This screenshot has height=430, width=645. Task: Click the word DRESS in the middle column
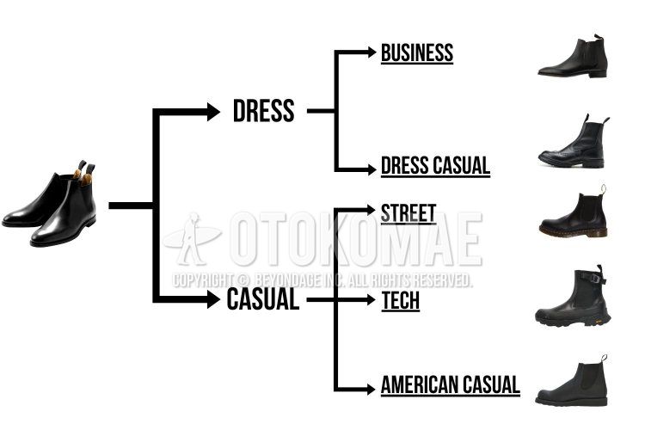(x=264, y=111)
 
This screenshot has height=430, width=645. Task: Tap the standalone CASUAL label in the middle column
(x=263, y=298)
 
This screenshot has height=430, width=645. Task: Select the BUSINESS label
(x=417, y=53)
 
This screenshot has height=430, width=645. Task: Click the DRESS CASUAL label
(x=436, y=165)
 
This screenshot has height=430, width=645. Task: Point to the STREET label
(x=408, y=213)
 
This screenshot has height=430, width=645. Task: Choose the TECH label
(x=401, y=300)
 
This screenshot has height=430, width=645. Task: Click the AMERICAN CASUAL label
(x=451, y=385)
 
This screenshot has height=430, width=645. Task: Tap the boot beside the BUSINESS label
(x=573, y=56)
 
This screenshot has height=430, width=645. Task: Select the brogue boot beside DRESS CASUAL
(x=574, y=141)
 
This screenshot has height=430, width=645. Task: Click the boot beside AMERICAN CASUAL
(x=572, y=381)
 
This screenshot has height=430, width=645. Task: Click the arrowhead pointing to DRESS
(x=213, y=112)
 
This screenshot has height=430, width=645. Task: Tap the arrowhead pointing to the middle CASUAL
(x=213, y=299)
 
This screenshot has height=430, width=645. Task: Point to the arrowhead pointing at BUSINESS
(x=372, y=52)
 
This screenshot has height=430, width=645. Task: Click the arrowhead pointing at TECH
(x=371, y=299)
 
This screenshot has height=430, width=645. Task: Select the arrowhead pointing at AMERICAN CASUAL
(x=371, y=389)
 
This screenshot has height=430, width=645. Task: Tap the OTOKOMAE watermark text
(x=356, y=239)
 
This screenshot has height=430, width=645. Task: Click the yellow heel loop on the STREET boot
(x=604, y=189)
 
